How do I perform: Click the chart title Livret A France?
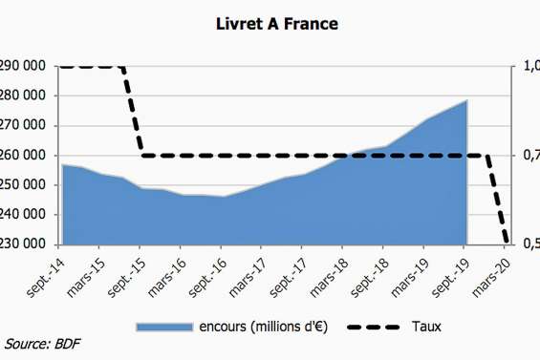pos(270,21)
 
